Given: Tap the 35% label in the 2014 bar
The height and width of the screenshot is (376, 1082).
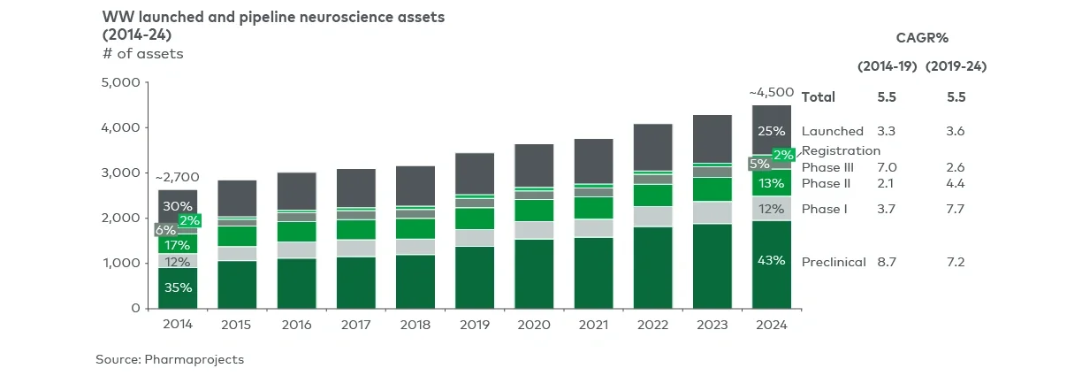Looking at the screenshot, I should pos(178,287).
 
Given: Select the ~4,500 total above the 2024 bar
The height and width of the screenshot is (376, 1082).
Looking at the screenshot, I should pos(771,92).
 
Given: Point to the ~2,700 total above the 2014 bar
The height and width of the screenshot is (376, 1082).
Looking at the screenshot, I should pos(177,178).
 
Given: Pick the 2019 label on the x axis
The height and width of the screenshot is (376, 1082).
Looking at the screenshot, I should pos(475,325).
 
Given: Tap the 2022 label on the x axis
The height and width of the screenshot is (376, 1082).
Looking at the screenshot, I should pos(652,325).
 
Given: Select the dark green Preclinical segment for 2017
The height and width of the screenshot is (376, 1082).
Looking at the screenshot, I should pos(355,282).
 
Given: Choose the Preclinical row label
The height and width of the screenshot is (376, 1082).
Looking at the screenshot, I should pos(833,263).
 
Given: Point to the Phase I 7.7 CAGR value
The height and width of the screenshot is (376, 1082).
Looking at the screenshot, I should pos(956,210).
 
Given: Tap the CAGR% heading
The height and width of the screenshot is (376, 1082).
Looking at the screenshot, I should pos(922,37).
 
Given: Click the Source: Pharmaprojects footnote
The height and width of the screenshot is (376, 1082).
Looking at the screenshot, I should pos(170,359).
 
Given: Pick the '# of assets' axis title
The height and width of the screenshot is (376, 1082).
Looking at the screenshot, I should pos(143,54).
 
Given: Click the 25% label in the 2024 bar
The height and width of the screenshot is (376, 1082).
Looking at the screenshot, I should pos(772,131).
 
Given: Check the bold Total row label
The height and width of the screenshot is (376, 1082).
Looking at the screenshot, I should pos(818,97).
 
